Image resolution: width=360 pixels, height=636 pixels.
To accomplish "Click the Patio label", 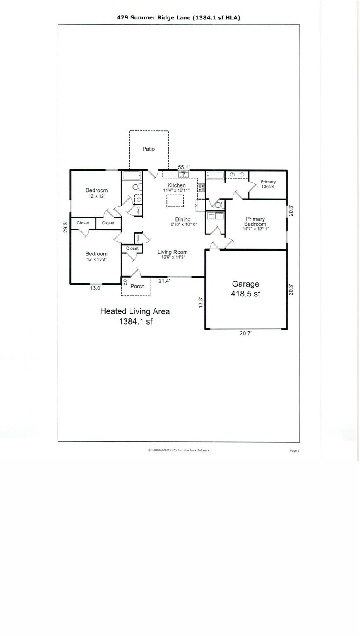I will (x=149, y=149).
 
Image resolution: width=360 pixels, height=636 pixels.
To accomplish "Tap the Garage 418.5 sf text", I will (x=245, y=289).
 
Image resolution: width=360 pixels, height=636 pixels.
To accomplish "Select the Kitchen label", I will (x=176, y=185).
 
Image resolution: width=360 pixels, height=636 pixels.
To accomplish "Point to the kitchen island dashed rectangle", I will (x=175, y=201).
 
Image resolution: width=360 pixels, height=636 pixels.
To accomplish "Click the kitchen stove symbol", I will (x=202, y=188).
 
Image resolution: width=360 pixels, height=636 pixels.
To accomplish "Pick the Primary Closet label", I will (x=268, y=184).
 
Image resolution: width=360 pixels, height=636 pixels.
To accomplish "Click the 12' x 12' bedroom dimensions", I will (x=96, y=196).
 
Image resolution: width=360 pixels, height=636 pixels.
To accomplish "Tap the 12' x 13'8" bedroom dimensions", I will (x=96, y=260).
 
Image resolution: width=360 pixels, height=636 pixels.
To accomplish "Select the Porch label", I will (x=137, y=287).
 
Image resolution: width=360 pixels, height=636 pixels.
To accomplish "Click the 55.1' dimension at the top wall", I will (x=184, y=167).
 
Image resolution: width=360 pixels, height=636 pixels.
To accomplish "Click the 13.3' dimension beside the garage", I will (x=201, y=302).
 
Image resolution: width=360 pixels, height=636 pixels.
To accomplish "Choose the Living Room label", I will (x=173, y=252).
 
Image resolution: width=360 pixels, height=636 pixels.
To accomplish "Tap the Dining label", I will (x=183, y=219).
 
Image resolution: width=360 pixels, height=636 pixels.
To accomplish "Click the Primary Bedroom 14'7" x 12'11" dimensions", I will (x=255, y=229).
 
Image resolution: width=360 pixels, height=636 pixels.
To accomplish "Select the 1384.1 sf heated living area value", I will (x=136, y=322).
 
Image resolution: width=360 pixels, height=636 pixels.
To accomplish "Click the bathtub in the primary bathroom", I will (x=215, y=176).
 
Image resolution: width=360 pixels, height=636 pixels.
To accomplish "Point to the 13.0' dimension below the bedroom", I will (x=96, y=288).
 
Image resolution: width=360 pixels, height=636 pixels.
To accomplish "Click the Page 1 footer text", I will (x=294, y=451).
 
